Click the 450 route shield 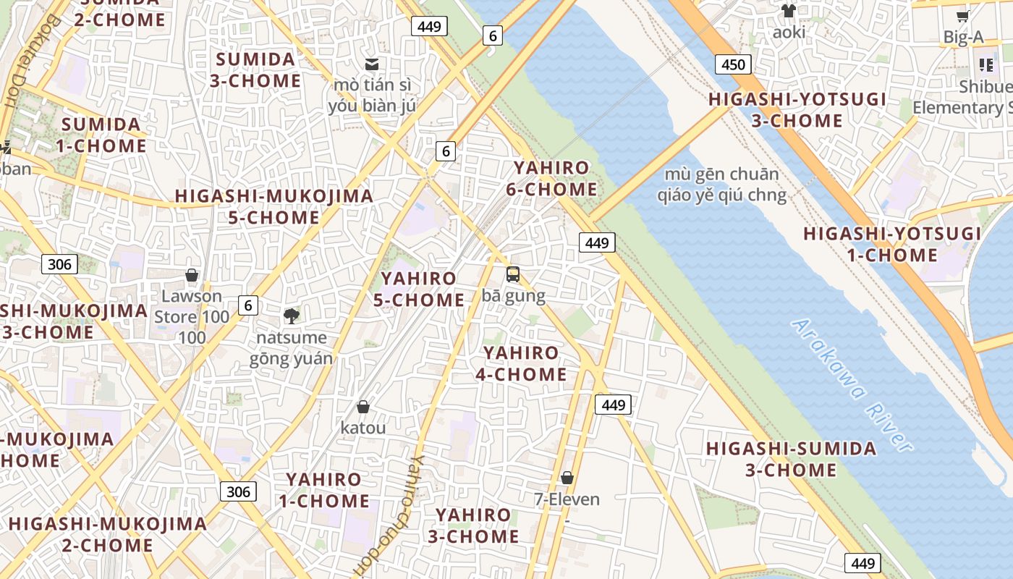pyautogui.click(x=733, y=64)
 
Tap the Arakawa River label pyautogui.click(x=852, y=384)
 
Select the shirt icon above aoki pyautogui.click(x=788, y=11)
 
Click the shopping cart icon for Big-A pyautogui.click(x=962, y=16)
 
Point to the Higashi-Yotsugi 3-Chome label pyautogui.click(x=797, y=110)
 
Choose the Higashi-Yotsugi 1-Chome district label pyautogui.click(x=892, y=245)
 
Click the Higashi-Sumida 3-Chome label pyautogui.click(x=791, y=459)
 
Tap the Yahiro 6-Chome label pyautogui.click(x=555, y=179)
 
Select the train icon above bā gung pyautogui.click(x=513, y=274)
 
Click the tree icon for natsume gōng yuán pyautogui.click(x=292, y=316)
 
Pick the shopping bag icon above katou pyautogui.click(x=363, y=407)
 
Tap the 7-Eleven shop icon pyautogui.click(x=567, y=478)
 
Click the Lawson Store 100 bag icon pyautogui.click(x=192, y=275)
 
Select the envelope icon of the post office pyautogui.click(x=372, y=64)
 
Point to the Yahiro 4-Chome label pyautogui.click(x=521, y=363)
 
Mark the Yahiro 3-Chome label pyautogui.click(x=473, y=526)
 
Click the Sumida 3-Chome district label pyautogui.click(x=255, y=69)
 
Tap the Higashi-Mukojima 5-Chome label pyautogui.click(x=274, y=206)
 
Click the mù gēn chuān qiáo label pyautogui.click(x=721, y=184)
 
